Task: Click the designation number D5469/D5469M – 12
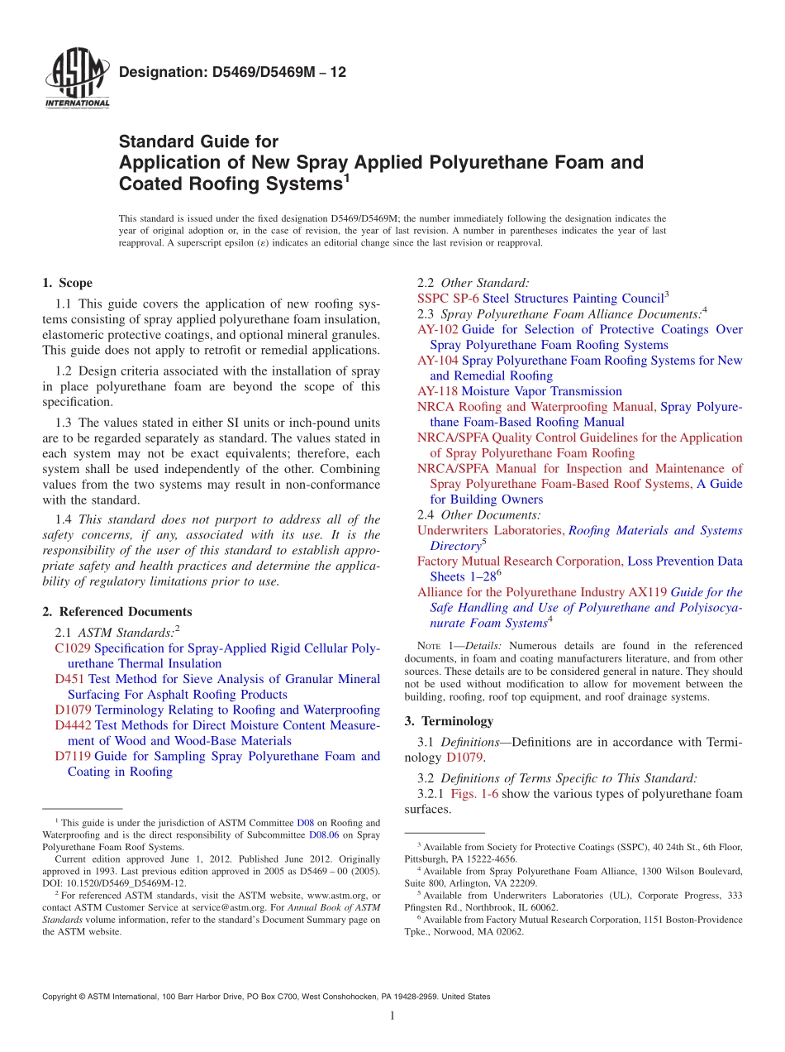click(x=233, y=73)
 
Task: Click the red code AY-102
click(x=438, y=329)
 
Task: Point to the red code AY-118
click(x=437, y=391)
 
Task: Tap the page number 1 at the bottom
click(x=392, y=1016)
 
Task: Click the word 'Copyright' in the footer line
click(x=63, y=997)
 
